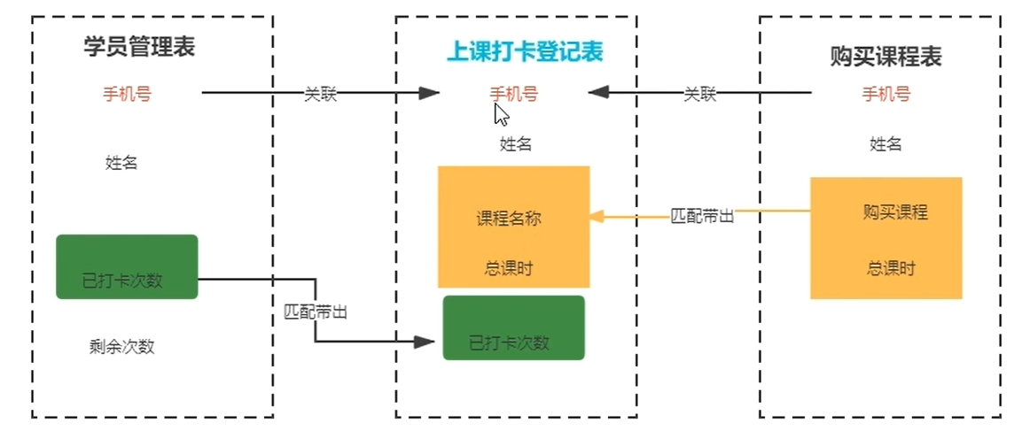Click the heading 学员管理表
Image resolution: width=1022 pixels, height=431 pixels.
(140, 47)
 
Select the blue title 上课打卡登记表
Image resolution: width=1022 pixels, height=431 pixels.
(524, 52)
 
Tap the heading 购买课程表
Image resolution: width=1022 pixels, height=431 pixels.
(885, 57)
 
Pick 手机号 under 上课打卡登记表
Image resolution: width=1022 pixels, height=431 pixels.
(513, 94)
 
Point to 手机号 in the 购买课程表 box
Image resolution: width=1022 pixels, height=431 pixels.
(886, 94)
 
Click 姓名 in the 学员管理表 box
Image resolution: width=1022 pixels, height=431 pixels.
(121, 162)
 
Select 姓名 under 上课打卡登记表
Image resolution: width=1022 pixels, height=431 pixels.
(516, 144)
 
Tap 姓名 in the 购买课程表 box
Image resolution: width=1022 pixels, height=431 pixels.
(886, 144)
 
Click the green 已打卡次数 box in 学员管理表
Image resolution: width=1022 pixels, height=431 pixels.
(126, 266)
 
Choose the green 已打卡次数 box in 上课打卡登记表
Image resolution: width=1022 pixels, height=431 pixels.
(513, 328)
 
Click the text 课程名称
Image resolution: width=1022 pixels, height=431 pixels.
(509, 219)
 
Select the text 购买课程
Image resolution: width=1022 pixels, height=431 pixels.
(894, 212)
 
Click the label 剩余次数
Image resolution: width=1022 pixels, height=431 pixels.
(121, 346)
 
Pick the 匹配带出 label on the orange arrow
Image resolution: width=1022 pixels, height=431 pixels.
(702, 215)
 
